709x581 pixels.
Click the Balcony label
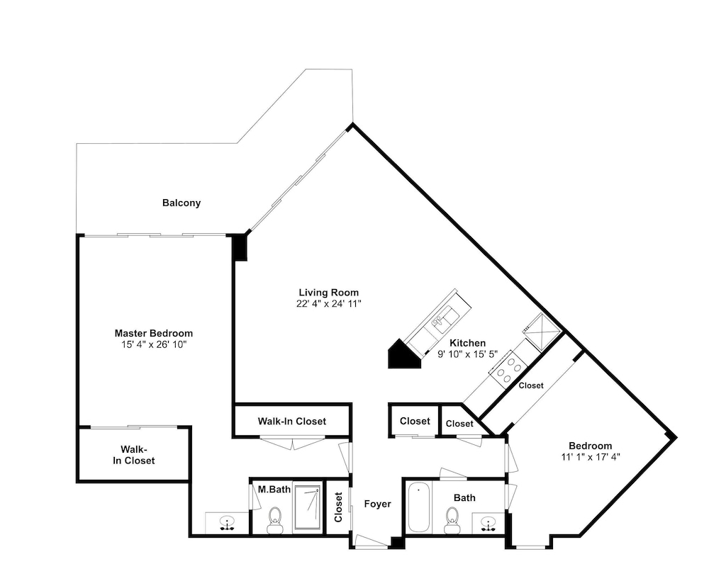182,203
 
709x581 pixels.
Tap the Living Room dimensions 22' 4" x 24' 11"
329,303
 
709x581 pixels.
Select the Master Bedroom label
154,334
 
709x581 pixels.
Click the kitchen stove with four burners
507,368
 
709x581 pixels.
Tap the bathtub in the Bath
419,507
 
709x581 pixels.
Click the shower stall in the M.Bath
308,508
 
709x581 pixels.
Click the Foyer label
378,504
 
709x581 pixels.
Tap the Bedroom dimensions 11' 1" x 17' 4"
591,457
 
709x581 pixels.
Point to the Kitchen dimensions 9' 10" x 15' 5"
467,354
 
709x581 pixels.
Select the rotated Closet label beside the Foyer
338,507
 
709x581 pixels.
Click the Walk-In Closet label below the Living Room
291,422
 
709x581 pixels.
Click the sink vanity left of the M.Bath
227,523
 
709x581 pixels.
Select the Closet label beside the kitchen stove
531,386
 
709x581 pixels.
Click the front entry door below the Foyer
372,542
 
